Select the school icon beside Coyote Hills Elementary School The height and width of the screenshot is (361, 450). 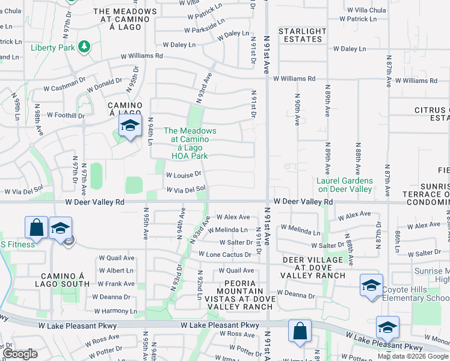371,285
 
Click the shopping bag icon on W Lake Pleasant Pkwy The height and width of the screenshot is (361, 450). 299,331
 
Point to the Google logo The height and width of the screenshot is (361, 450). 20,354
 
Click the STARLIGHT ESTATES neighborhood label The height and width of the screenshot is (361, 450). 302,35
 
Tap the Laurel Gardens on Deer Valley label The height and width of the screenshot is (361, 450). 345,185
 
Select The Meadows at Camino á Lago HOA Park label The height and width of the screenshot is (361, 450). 190,143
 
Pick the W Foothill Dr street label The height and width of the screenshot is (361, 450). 66,115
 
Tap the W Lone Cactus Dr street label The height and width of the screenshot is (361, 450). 229,255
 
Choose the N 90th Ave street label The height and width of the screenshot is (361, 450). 297,109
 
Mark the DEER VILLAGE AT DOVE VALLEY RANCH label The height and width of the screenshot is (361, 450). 314,267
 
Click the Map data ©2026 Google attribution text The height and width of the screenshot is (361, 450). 413,356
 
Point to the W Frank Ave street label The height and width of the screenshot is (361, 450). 116,283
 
